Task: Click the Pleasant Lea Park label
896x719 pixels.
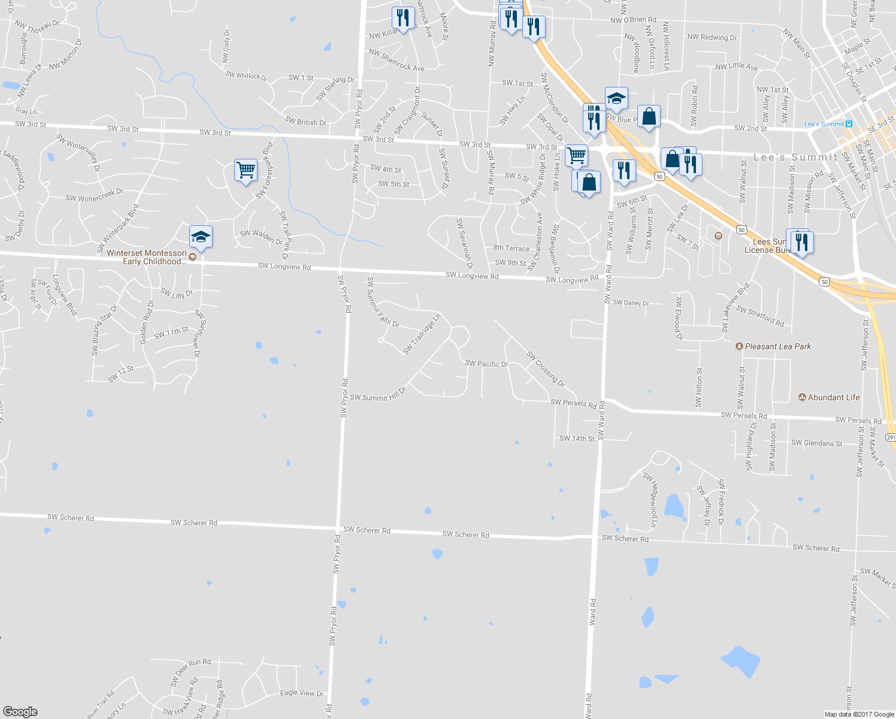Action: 777,346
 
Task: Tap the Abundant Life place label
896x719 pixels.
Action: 833,397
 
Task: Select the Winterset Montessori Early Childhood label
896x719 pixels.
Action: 147,257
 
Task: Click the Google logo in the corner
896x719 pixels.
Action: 20,712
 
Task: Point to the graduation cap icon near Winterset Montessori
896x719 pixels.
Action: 201,237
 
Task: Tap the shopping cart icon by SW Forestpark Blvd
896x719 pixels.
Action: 246,170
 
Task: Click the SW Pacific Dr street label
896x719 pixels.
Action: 486,364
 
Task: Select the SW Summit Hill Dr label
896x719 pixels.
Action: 378,397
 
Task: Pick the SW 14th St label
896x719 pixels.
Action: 577,439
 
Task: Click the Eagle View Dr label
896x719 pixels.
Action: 302,693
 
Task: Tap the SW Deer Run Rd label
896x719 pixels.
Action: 190,672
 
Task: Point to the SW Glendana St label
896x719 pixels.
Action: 816,443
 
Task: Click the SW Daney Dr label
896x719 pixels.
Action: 631,303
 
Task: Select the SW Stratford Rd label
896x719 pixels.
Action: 760,316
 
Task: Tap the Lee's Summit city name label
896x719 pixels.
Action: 795,157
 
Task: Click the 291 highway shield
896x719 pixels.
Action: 891,437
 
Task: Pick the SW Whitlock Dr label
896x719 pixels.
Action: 246,75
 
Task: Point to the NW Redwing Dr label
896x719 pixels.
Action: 712,37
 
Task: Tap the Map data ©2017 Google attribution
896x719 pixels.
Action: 859,714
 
